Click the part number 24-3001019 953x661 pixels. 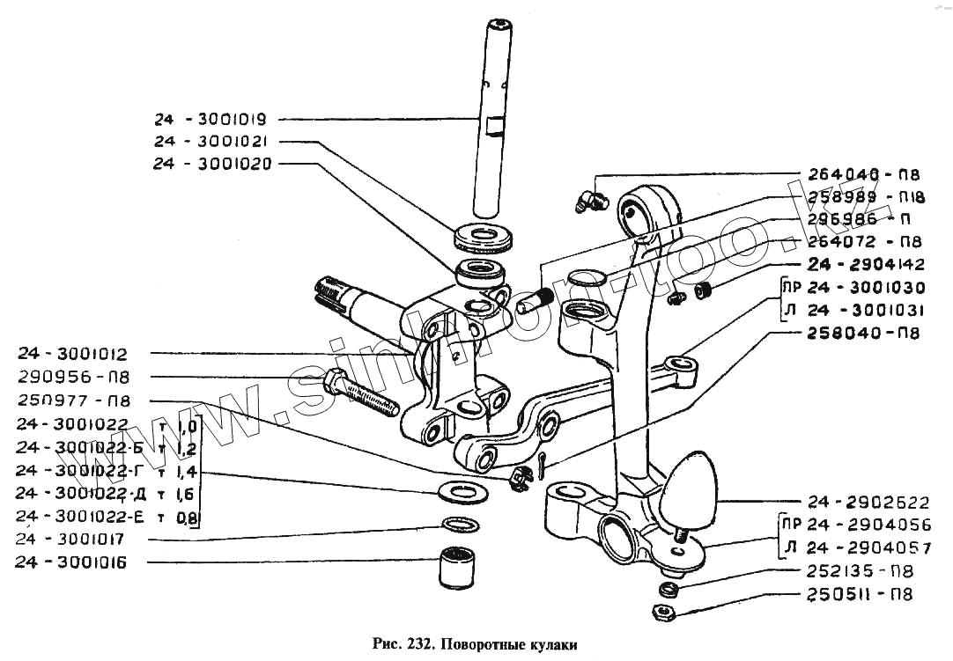(x=203, y=119)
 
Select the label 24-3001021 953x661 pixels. (x=203, y=141)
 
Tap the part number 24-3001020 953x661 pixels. (x=203, y=164)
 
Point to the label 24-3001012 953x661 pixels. (x=72, y=355)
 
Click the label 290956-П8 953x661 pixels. (x=72, y=378)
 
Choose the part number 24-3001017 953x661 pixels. (x=72, y=539)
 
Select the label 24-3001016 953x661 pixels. (x=72, y=562)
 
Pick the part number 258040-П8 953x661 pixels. (x=864, y=334)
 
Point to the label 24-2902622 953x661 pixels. (x=868, y=503)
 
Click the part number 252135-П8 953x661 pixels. (x=859, y=570)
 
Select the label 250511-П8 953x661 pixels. (x=859, y=594)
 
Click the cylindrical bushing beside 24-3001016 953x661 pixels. (x=457, y=568)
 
